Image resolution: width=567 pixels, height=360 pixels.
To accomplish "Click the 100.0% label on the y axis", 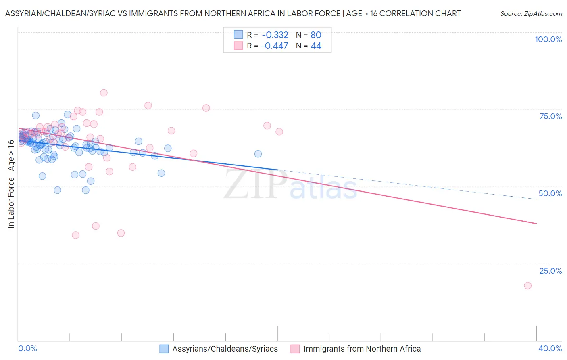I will click(x=548, y=39).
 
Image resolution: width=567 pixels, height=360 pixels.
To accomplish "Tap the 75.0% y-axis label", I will click(x=550, y=116).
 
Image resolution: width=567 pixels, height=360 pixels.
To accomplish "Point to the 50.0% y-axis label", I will click(x=550, y=193).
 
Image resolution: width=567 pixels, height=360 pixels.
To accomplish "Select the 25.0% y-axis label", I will click(x=550, y=270).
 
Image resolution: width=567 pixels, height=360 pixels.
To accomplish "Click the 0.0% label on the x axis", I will click(x=27, y=348).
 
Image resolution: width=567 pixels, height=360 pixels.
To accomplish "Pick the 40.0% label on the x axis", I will click(x=550, y=348).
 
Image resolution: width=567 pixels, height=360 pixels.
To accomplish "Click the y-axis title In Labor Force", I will click(x=11, y=184).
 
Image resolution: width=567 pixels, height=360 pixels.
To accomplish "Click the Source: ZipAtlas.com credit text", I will click(x=531, y=13).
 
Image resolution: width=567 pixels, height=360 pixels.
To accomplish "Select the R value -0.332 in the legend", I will click(x=275, y=35).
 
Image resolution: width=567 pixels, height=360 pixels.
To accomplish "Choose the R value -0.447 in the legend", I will click(x=275, y=46).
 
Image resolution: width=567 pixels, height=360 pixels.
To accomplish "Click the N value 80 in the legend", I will click(x=316, y=35).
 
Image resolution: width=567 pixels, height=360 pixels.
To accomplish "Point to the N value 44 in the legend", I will click(x=316, y=46).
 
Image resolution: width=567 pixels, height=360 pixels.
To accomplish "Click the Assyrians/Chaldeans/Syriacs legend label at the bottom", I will click(x=225, y=349).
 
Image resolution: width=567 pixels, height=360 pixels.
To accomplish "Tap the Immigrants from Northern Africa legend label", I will click(x=362, y=349).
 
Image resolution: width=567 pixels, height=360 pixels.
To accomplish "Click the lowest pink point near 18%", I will click(x=527, y=285).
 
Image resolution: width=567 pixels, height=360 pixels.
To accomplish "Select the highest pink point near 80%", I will click(x=104, y=93).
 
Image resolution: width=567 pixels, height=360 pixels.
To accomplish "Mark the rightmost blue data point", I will click(x=258, y=154).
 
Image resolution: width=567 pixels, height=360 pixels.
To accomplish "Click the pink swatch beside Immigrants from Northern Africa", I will click(x=295, y=349).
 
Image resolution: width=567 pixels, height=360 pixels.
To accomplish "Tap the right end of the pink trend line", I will click(x=536, y=223).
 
